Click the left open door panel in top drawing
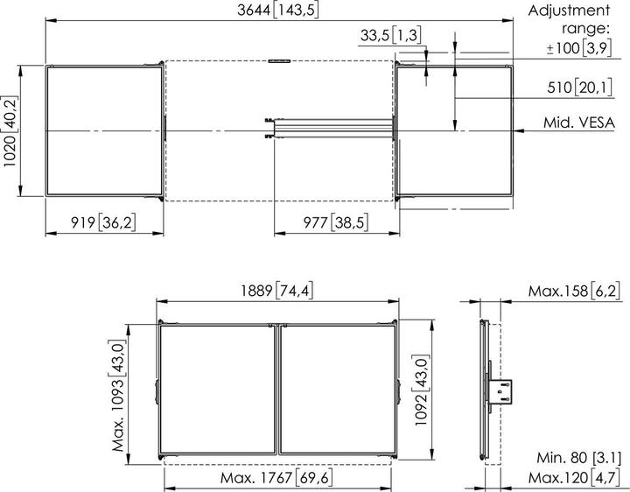[x=103, y=130]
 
